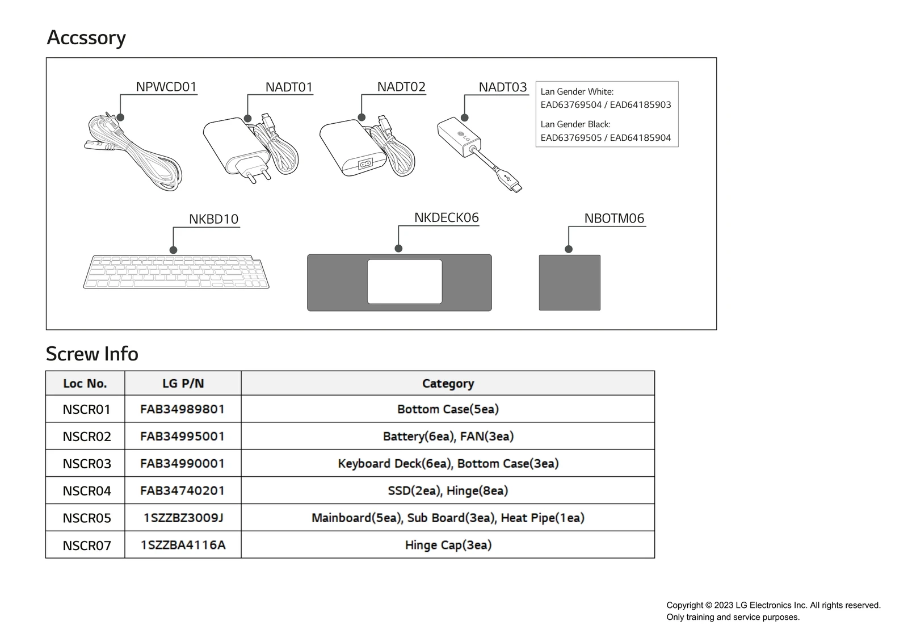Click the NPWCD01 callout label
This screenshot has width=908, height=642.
[166, 87]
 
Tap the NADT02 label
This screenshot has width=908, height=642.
[401, 87]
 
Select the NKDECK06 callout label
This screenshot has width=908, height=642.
[446, 218]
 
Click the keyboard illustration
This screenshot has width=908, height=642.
[176, 272]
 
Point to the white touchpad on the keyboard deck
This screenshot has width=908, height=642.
[405, 282]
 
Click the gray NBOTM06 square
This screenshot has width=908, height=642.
[569, 283]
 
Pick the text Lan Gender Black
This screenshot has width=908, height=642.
[575, 124]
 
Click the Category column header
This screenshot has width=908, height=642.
[448, 384]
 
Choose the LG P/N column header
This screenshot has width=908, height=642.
[183, 384]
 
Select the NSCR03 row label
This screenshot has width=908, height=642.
[87, 464]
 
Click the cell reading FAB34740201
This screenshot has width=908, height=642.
[183, 490]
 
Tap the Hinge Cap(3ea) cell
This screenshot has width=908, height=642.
[448, 545]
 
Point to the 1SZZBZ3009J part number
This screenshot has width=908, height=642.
[183, 518]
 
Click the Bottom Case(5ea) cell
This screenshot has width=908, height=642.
[448, 409]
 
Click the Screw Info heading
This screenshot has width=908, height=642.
[92, 354]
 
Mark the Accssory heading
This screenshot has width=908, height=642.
[86, 37]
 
